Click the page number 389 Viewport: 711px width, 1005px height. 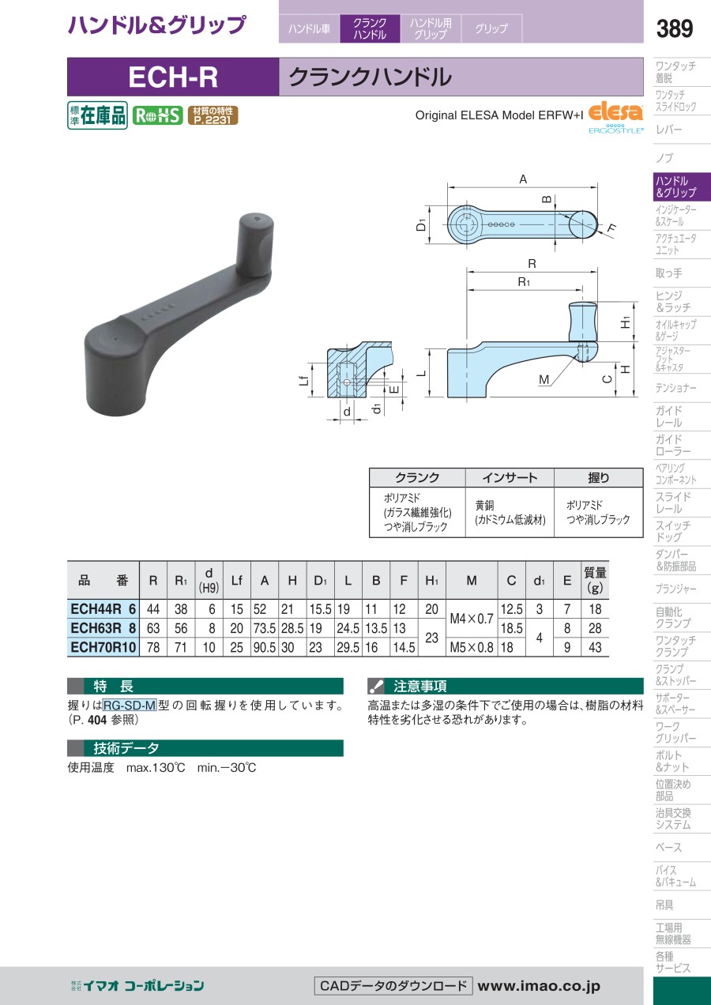point(674,28)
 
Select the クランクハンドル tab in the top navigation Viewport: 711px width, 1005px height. point(370,28)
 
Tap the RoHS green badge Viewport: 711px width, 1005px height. point(157,116)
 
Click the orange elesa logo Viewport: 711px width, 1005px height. point(615,113)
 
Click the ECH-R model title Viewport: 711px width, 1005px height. point(173,77)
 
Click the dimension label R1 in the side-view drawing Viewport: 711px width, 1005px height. point(524,282)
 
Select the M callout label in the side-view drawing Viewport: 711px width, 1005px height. point(544,379)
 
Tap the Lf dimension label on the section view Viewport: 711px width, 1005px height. point(304,380)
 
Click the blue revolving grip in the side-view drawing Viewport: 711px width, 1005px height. point(583,322)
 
